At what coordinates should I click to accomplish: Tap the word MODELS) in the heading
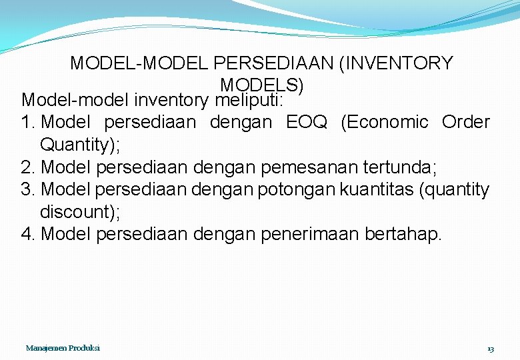pyautogui.click(x=261, y=86)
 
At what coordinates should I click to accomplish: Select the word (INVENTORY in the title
pyautogui.click(x=395, y=64)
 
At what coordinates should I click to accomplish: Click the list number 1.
pyautogui.click(x=28, y=123)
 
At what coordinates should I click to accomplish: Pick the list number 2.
pyautogui.click(x=28, y=167)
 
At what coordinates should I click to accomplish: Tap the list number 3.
pyautogui.click(x=28, y=190)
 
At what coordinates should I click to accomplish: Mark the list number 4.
pyautogui.click(x=28, y=235)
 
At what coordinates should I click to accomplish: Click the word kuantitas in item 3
pyautogui.click(x=377, y=190)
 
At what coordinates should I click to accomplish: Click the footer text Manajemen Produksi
pyautogui.click(x=63, y=349)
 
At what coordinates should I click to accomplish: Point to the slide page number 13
pyautogui.click(x=491, y=349)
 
